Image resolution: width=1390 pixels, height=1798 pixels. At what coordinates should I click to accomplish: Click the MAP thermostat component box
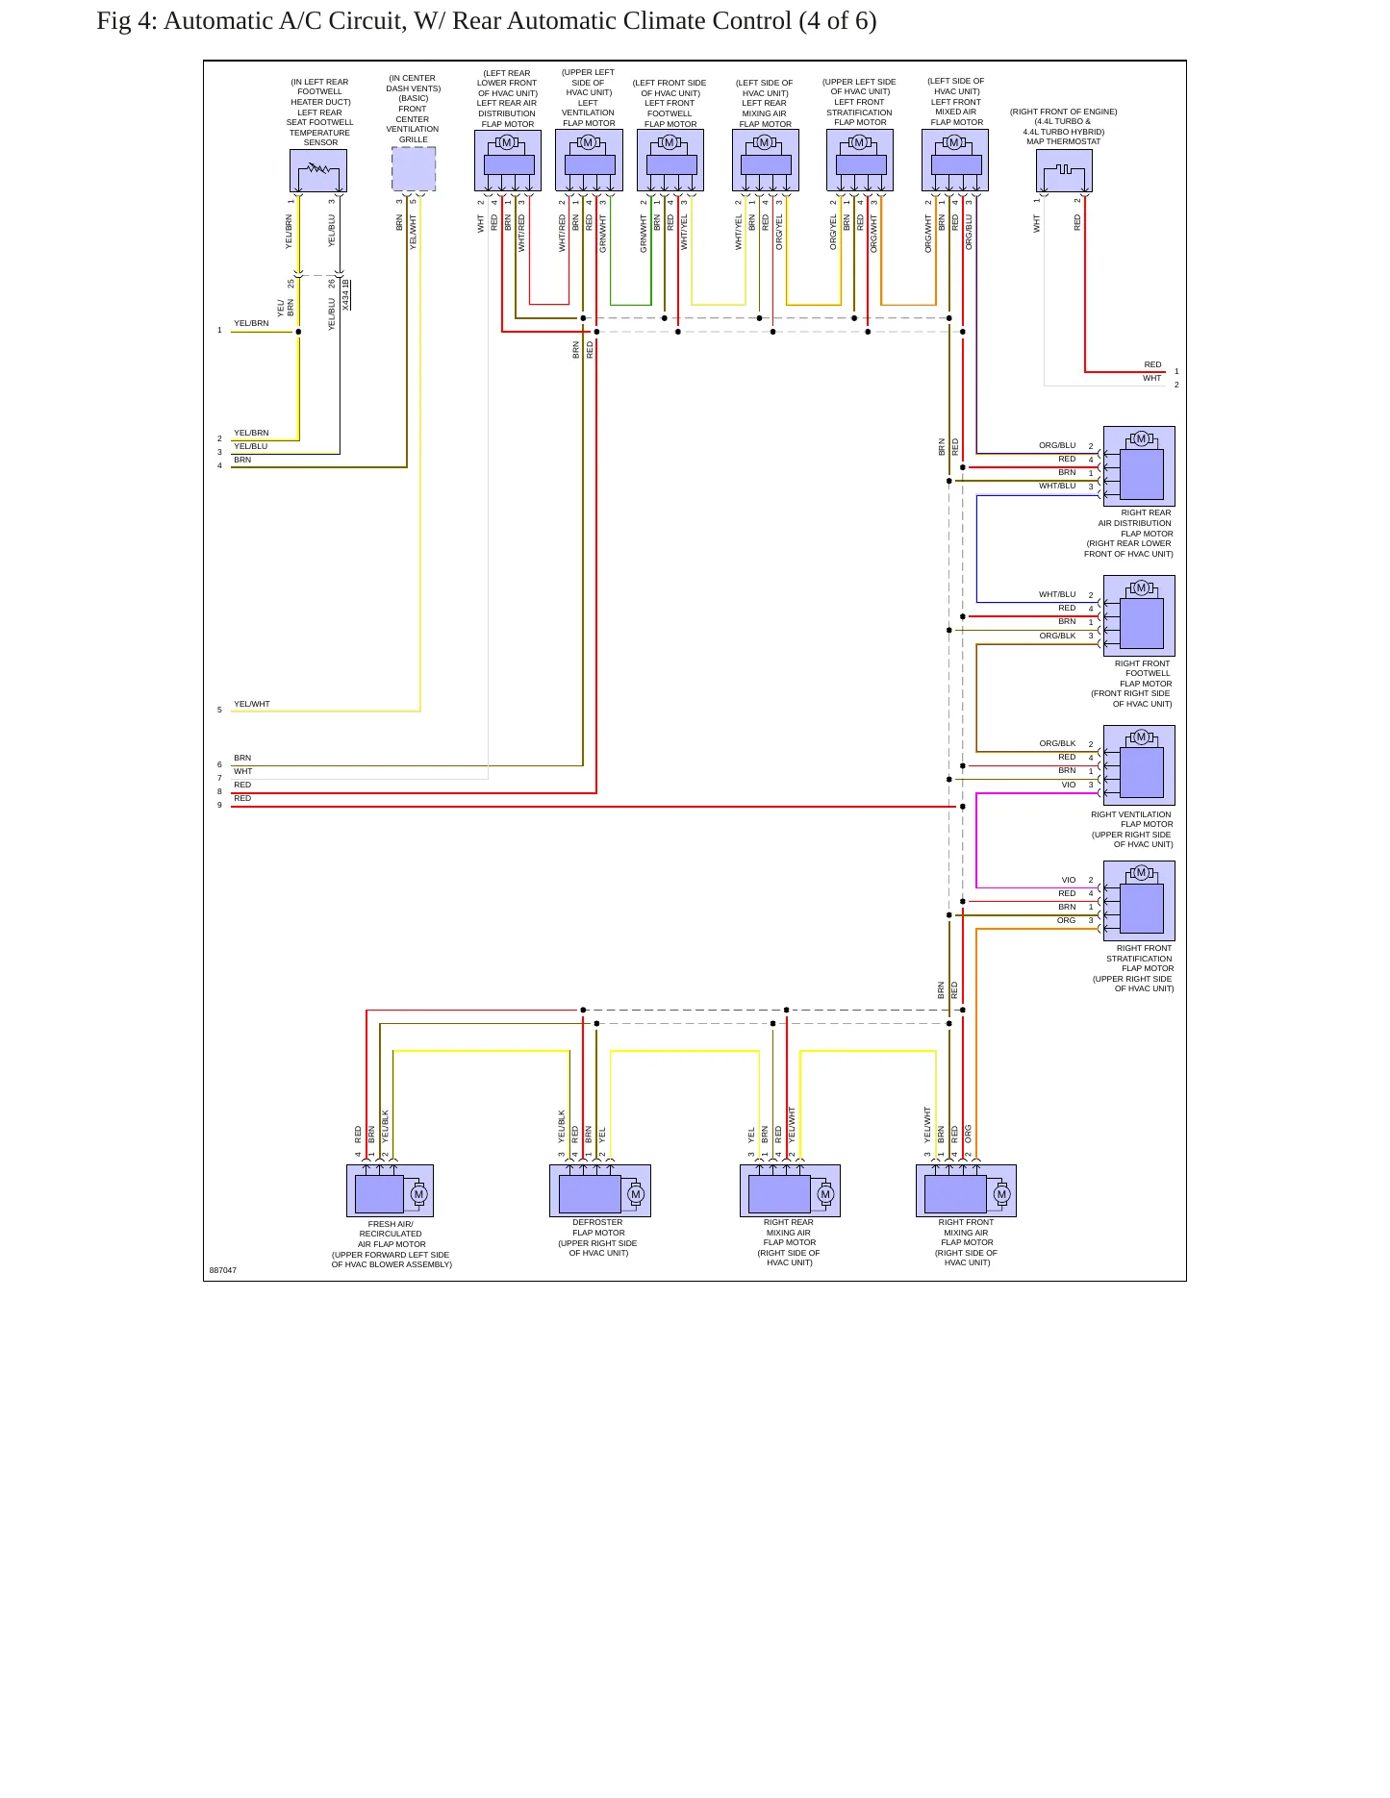[1064, 170]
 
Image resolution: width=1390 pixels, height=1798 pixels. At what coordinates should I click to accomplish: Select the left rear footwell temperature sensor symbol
[318, 170]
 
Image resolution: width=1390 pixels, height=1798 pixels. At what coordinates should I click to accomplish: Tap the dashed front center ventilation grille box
[414, 169]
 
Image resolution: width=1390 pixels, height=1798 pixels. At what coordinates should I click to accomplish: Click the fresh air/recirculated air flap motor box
[390, 1190]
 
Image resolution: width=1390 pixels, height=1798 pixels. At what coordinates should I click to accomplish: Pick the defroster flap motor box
[600, 1190]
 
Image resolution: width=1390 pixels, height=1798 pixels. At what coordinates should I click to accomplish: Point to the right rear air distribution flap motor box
[1139, 466]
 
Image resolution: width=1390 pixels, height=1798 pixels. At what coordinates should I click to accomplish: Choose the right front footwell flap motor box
[1139, 615]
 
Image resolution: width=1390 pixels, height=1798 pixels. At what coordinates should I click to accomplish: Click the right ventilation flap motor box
[1139, 765]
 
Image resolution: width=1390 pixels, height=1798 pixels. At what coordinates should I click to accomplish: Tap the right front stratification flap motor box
[1139, 901]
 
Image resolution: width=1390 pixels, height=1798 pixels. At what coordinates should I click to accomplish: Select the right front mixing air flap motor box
[966, 1190]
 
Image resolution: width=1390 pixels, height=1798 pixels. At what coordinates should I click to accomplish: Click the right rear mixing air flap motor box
[790, 1190]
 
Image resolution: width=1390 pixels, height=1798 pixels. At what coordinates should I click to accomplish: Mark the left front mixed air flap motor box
[955, 161]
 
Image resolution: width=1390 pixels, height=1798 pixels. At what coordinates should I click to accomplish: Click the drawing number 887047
[223, 1270]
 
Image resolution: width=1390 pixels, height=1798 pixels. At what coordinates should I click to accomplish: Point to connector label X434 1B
[346, 294]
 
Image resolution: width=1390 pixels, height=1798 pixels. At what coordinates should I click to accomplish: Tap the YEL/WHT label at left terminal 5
[252, 704]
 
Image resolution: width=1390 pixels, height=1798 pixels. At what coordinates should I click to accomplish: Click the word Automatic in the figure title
[217, 21]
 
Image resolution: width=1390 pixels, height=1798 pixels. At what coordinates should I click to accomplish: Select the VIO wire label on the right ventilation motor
[1069, 785]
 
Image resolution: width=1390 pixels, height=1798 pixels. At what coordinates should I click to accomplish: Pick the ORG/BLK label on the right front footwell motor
[1057, 636]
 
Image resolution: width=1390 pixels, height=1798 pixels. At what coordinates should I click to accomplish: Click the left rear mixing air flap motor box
[766, 161]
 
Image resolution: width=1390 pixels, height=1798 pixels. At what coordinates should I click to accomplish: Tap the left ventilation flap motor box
[589, 161]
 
